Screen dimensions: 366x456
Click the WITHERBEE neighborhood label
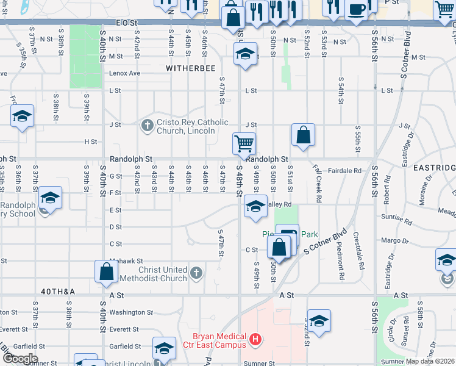191,69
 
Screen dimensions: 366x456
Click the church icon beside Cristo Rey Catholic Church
147,126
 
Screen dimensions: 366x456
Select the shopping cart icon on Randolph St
244,144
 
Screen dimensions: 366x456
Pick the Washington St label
131,312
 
